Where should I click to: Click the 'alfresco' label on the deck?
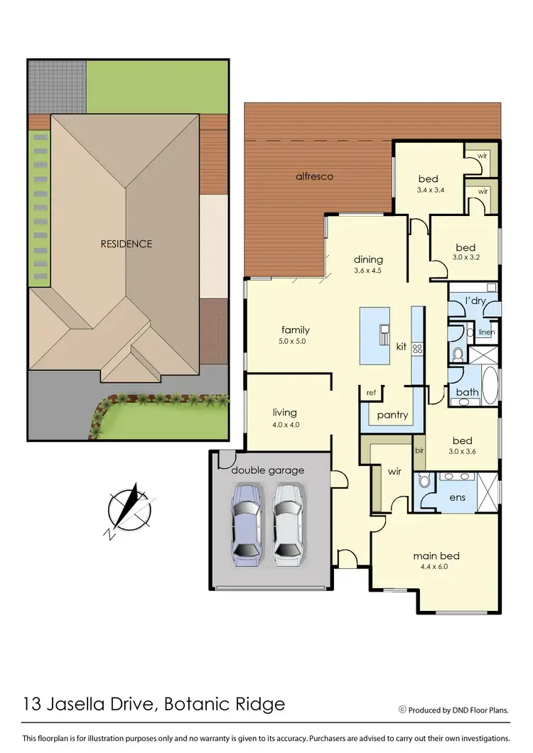click(x=315, y=176)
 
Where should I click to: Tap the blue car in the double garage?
click(x=247, y=524)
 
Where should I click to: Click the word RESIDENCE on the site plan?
click(x=126, y=244)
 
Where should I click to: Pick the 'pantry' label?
click(x=392, y=415)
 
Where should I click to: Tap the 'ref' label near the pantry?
click(x=371, y=392)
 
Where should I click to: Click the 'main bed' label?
click(x=436, y=556)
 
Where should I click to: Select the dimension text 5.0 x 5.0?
click(x=296, y=342)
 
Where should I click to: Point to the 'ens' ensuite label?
click(x=458, y=497)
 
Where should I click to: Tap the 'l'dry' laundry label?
click(x=475, y=301)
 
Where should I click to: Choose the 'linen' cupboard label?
click(x=486, y=332)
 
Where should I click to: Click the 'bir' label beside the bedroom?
click(x=419, y=451)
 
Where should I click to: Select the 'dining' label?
click(x=368, y=259)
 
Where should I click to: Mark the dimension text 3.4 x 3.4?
click(x=431, y=190)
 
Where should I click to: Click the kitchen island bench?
click(x=375, y=335)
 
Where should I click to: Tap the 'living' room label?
click(x=284, y=413)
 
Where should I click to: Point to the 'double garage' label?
click(x=267, y=470)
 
